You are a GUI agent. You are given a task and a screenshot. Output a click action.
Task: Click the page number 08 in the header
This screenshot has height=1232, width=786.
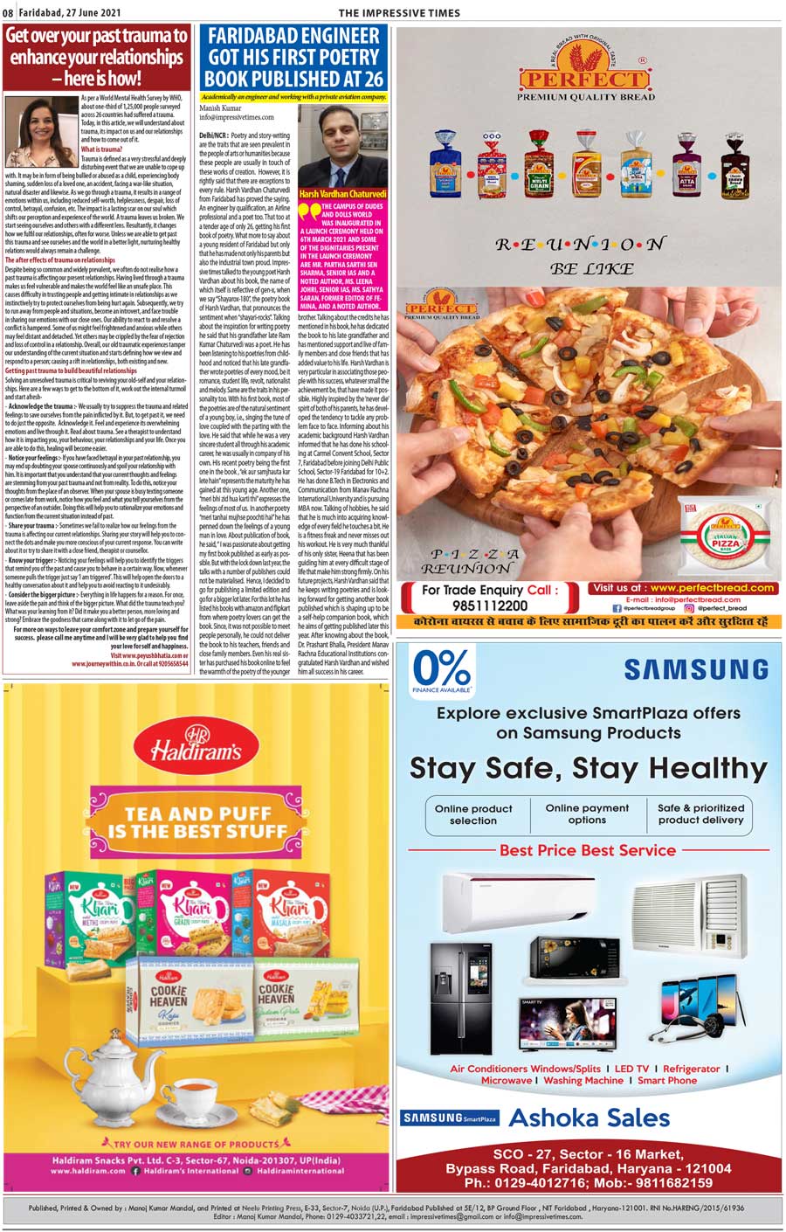pos(8,12)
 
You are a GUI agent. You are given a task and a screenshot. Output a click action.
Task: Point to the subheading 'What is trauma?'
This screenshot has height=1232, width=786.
pos(101,149)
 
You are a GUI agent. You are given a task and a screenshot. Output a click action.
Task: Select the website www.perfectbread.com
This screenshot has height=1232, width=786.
pos(712,588)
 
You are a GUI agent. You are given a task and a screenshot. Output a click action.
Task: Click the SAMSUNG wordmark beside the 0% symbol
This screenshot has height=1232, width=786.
pos(695,670)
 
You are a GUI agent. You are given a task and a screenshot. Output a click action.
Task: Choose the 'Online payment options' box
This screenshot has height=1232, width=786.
pos(587,813)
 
